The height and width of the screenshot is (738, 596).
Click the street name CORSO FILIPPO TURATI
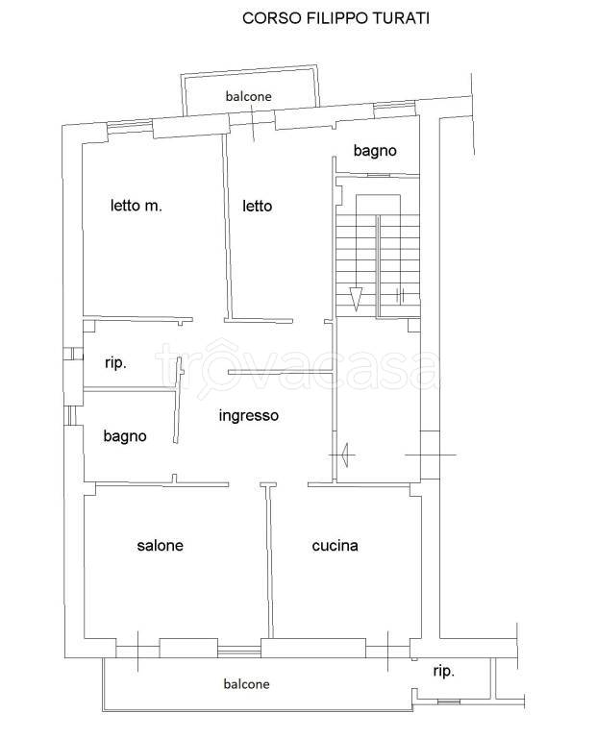coord(335,18)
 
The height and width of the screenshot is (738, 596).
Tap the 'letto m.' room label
coord(137,206)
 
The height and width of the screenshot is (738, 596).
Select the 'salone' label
coord(161,545)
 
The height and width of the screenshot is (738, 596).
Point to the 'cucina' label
coord(335,545)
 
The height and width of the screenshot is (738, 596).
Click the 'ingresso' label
coord(249,415)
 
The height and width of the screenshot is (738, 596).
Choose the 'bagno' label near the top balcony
coord(375,151)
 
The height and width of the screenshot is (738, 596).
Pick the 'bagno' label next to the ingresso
coord(125,436)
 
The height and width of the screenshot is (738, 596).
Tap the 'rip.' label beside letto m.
coord(115,363)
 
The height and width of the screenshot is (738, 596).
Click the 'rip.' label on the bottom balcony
coord(443,671)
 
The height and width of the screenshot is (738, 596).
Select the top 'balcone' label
coord(248,96)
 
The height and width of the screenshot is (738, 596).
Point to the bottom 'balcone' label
coord(246,684)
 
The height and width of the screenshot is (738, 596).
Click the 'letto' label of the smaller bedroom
coord(257,206)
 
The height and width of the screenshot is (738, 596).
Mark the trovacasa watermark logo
coord(296,369)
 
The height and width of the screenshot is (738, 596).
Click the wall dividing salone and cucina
coord(269,560)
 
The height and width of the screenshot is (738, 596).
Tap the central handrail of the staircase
coord(378,266)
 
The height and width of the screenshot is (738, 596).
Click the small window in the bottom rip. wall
coord(449,701)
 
